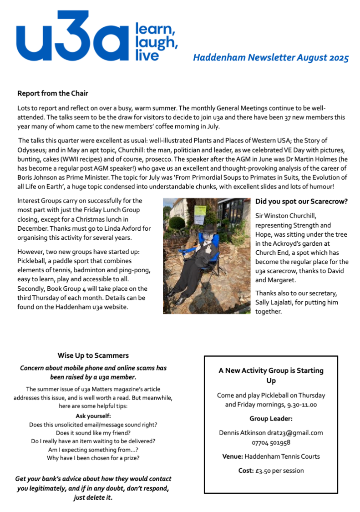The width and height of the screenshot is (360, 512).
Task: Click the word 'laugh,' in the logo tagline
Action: click(x=155, y=42)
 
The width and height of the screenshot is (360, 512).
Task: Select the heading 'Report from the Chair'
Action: click(x=52, y=93)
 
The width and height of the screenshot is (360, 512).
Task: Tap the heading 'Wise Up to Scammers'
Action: click(x=93, y=355)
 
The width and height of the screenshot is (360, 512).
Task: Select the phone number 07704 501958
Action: click(x=271, y=442)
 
